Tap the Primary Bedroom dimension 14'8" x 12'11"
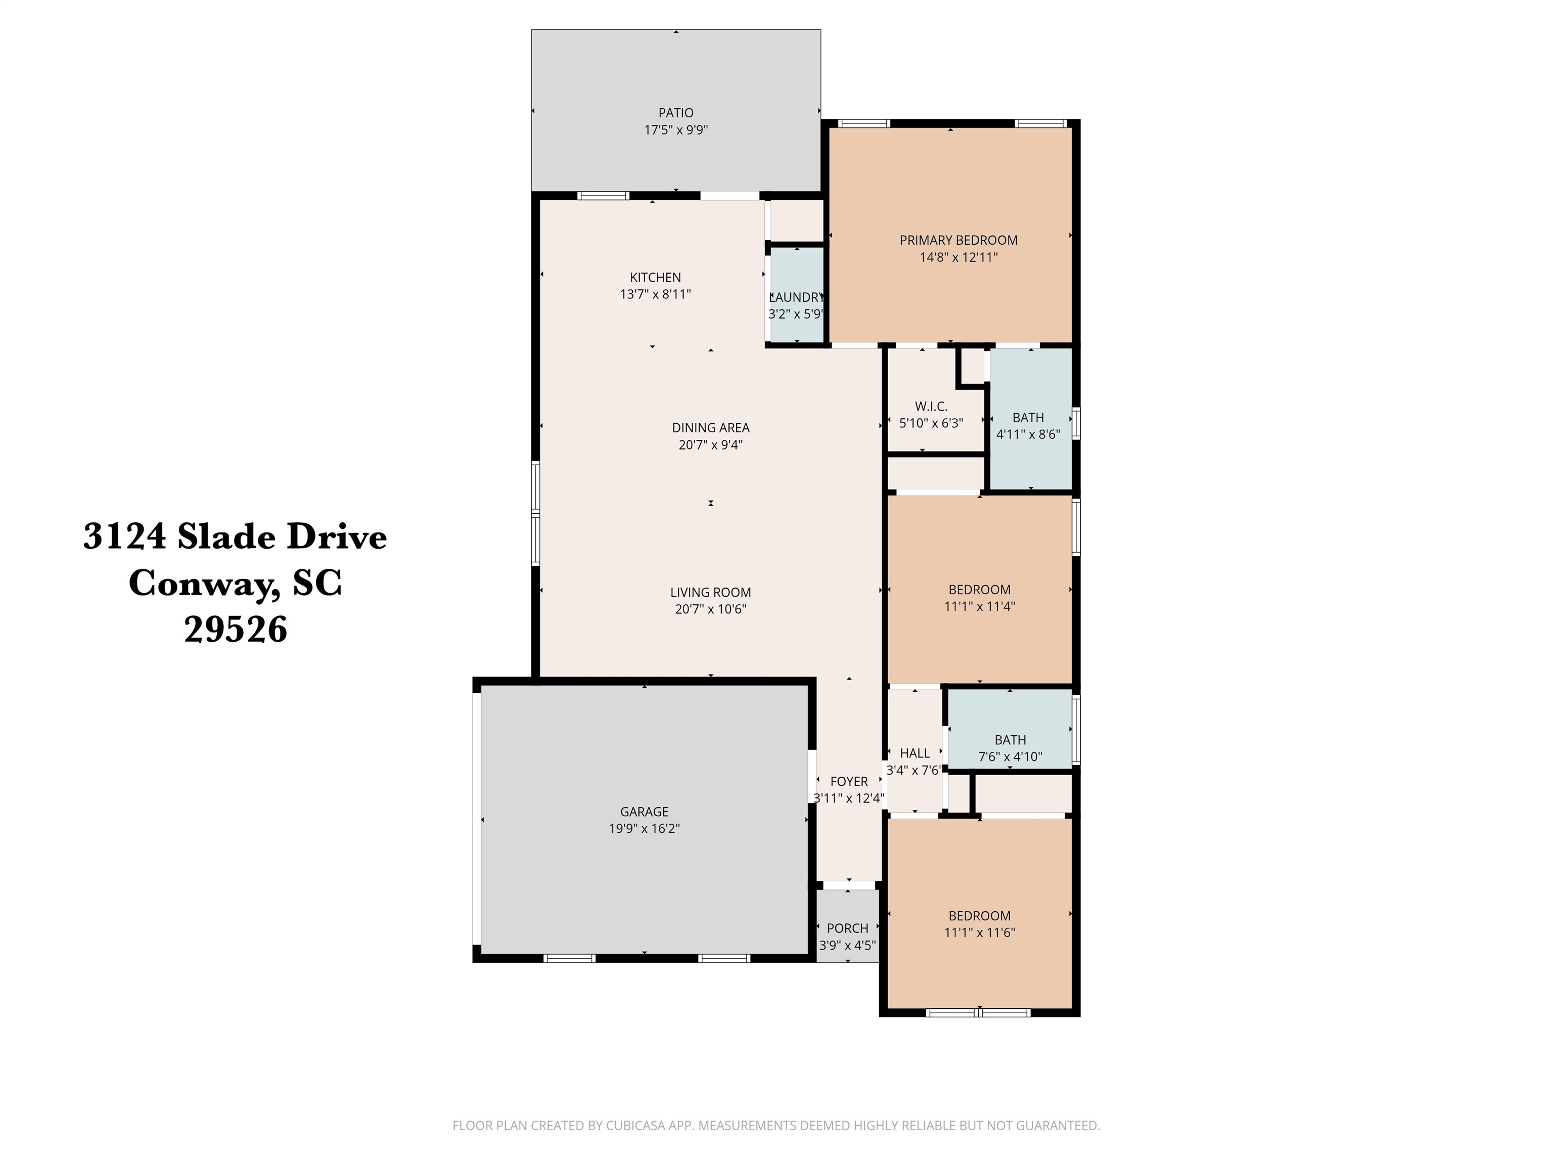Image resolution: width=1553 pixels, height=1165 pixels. coord(958,257)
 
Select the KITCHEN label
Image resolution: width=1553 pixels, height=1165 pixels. coord(655,278)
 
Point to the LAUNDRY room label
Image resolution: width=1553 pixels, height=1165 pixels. coord(796,297)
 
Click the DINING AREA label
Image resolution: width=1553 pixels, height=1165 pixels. coord(710,428)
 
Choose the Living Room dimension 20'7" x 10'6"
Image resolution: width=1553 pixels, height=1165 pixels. coord(710,609)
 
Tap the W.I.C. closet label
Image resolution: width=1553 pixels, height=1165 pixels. coord(931,407)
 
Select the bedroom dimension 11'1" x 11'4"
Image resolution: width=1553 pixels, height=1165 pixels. coord(979,606)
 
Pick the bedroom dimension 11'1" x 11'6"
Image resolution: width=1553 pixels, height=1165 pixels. coord(979,932)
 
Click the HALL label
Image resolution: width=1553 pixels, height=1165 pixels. coord(915,753)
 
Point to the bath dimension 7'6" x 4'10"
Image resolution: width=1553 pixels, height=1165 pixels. coord(1010,756)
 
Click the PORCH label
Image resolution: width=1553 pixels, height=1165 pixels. coord(847,928)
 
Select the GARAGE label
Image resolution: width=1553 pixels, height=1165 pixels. coord(644,811)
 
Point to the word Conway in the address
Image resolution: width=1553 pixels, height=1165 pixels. coord(204,583)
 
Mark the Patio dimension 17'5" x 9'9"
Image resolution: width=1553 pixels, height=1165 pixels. coord(675,130)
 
